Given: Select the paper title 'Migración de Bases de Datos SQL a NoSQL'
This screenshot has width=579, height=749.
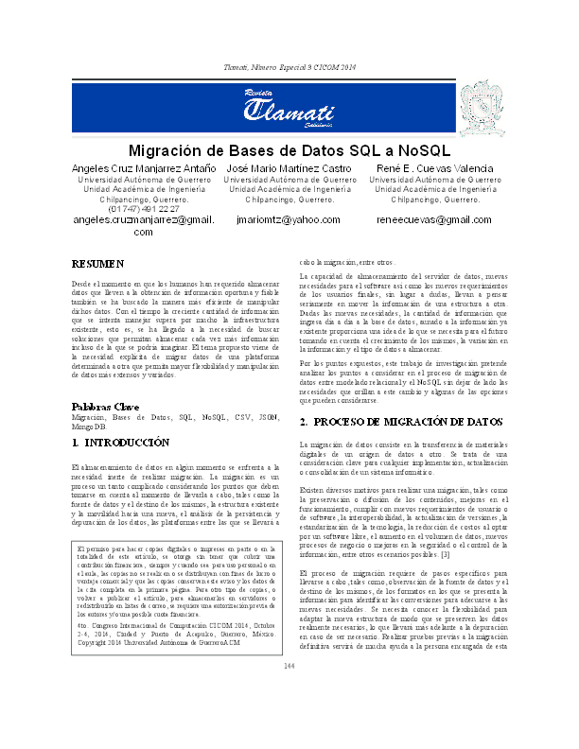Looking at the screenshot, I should [289, 150].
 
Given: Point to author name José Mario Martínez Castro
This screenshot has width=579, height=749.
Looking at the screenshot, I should [289, 167].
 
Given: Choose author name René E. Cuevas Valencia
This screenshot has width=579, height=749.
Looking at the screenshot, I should [434, 167].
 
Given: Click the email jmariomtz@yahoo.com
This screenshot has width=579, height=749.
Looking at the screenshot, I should [289, 220].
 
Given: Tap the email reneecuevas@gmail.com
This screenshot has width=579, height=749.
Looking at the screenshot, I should [434, 220].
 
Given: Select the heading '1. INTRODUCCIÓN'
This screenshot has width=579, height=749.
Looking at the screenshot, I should [121, 442].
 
